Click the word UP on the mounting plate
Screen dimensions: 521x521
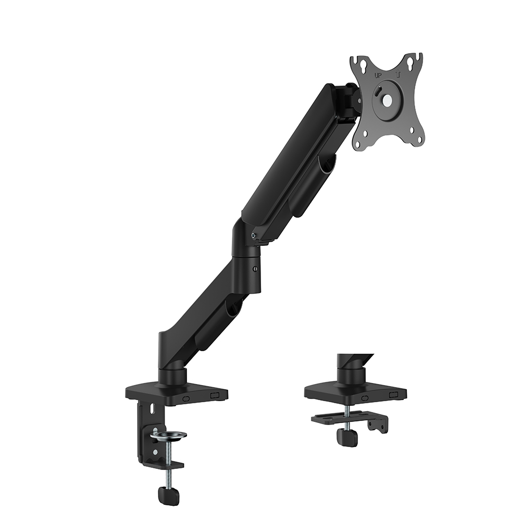(378, 76)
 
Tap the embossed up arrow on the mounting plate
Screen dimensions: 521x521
(399, 75)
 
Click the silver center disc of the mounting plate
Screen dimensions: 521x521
(387, 100)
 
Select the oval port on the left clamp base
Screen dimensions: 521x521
(185, 398)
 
